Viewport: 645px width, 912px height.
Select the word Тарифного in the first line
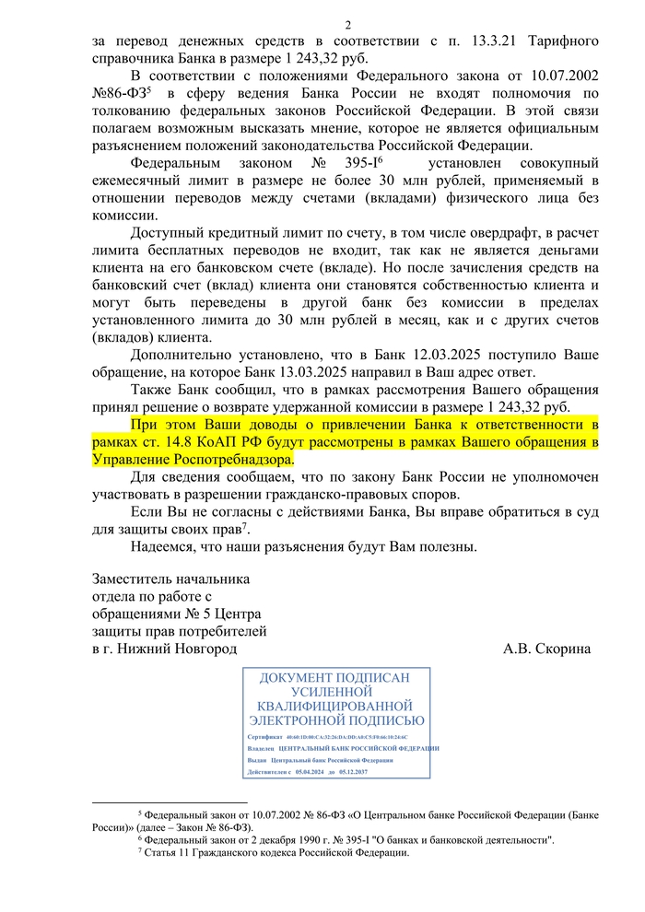tap(565, 41)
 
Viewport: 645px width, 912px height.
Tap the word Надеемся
tap(165, 545)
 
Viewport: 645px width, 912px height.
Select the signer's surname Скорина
tap(560, 649)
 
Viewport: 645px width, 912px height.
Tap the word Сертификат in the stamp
tap(264, 738)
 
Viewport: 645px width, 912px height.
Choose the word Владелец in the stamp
tap(263, 749)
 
